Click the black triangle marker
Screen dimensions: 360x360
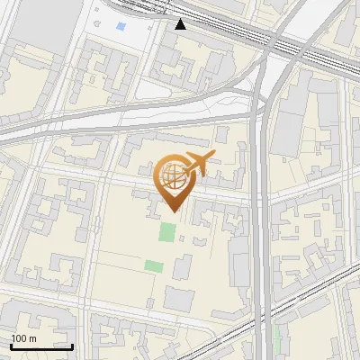point(181,24)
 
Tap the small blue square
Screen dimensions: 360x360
point(121,27)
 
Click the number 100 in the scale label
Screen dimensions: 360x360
point(19,337)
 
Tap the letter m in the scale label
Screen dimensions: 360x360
point(32,337)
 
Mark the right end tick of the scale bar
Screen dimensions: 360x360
point(73,346)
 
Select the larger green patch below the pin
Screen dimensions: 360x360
point(167,232)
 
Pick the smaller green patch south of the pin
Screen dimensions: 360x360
point(154,265)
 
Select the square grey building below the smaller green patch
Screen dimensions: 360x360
point(177,300)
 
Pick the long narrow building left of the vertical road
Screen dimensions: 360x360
point(239,261)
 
